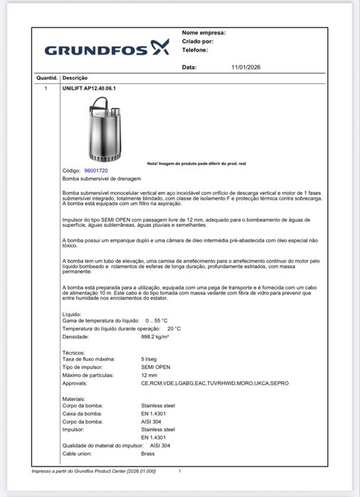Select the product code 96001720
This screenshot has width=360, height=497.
point(96,171)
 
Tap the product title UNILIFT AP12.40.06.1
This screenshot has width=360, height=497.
point(89,88)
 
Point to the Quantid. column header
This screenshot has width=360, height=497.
point(46,77)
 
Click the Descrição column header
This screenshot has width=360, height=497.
point(75,77)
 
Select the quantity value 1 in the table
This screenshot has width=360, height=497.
point(46,88)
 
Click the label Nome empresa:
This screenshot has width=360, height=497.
point(203,33)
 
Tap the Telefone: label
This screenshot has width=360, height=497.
point(195,50)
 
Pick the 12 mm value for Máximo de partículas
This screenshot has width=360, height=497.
point(149,375)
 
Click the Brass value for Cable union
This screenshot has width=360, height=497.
point(147,453)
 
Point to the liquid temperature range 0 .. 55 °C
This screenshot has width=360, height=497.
point(157,321)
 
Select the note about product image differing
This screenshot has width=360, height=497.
point(196,164)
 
